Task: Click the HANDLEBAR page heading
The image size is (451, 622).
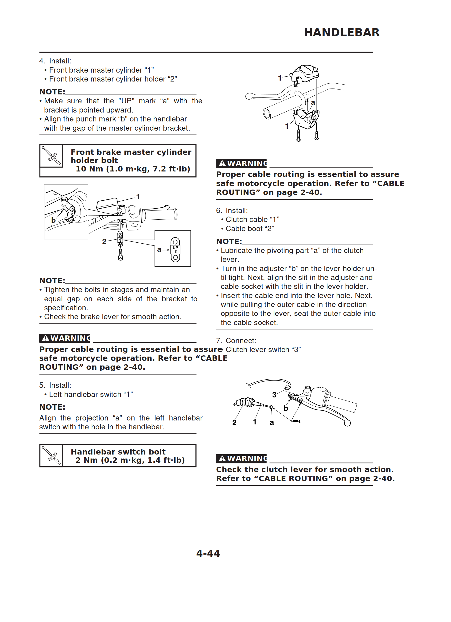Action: pos(342,32)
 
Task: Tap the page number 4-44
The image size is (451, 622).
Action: pos(208,553)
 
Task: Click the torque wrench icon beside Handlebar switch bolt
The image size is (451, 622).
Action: pos(51,455)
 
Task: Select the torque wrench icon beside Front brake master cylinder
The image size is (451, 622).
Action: pos(51,155)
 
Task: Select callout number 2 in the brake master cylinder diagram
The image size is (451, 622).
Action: pos(104,241)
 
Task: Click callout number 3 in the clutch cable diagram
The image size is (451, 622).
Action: pos(274,395)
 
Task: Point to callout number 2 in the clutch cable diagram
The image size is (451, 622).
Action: pos(234,422)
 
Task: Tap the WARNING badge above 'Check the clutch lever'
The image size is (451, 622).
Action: pos(241,459)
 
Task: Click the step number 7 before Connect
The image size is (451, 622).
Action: pos(219,341)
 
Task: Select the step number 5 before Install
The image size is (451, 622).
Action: pos(42,385)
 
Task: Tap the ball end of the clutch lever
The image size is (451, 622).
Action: pos(347,423)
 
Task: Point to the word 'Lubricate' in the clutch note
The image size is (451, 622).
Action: pos(237,250)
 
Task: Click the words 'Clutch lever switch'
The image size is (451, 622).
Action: pos(257,350)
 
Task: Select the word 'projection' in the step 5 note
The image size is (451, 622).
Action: pos(92,418)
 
